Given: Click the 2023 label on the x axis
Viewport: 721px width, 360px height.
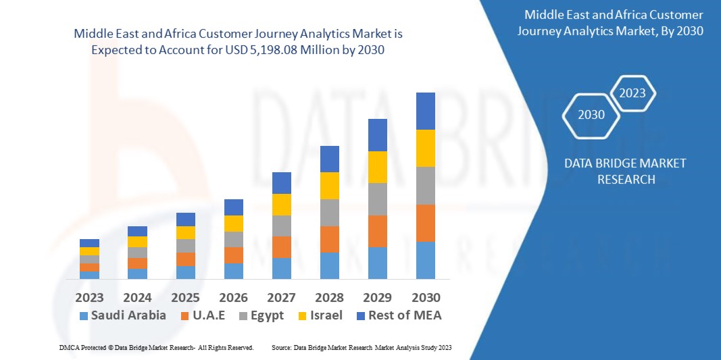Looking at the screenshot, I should [x=89, y=297].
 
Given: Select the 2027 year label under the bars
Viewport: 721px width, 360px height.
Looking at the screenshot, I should [x=282, y=297].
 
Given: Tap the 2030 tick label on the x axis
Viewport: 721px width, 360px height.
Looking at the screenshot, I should [x=426, y=297].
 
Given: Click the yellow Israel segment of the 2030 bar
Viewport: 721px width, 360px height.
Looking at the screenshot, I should [x=426, y=148].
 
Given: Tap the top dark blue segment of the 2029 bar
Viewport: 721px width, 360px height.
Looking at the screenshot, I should [x=378, y=134].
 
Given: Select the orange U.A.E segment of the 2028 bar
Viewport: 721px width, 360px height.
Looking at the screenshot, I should [x=330, y=239].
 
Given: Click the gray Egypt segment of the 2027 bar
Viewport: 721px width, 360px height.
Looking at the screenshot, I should [x=282, y=226].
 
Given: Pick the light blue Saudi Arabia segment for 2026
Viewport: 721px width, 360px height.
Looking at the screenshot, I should [x=234, y=271].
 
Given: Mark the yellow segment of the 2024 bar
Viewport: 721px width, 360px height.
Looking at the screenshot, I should [x=137, y=242].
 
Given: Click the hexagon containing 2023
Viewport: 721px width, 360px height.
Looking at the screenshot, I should [x=632, y=93].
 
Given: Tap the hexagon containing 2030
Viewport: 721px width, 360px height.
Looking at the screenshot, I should [x=591, y=115].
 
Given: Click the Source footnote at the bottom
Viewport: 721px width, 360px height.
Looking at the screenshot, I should [x=361, y=347].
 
